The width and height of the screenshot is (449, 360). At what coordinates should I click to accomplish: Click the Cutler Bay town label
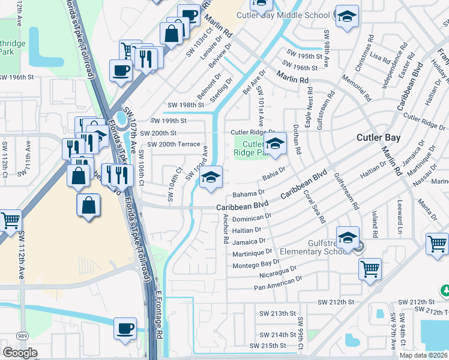tap(378, 137)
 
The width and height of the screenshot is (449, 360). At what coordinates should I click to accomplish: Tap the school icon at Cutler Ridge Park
tap(275, 144)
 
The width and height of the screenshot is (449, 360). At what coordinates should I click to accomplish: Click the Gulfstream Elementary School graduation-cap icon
tap(347, 238)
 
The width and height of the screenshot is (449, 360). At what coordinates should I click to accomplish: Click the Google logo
tap(20, 353)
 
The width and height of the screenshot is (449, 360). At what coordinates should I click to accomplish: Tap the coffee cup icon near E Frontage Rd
tap(125, 329)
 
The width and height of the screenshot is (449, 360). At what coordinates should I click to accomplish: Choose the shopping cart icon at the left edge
tap(10, 221)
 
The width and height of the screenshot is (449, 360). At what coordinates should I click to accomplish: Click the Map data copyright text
tap(423, 355)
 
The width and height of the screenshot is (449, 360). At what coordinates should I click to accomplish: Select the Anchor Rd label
tap(226, 228)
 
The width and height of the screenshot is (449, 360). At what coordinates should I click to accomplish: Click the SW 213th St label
tap(277, 313)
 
